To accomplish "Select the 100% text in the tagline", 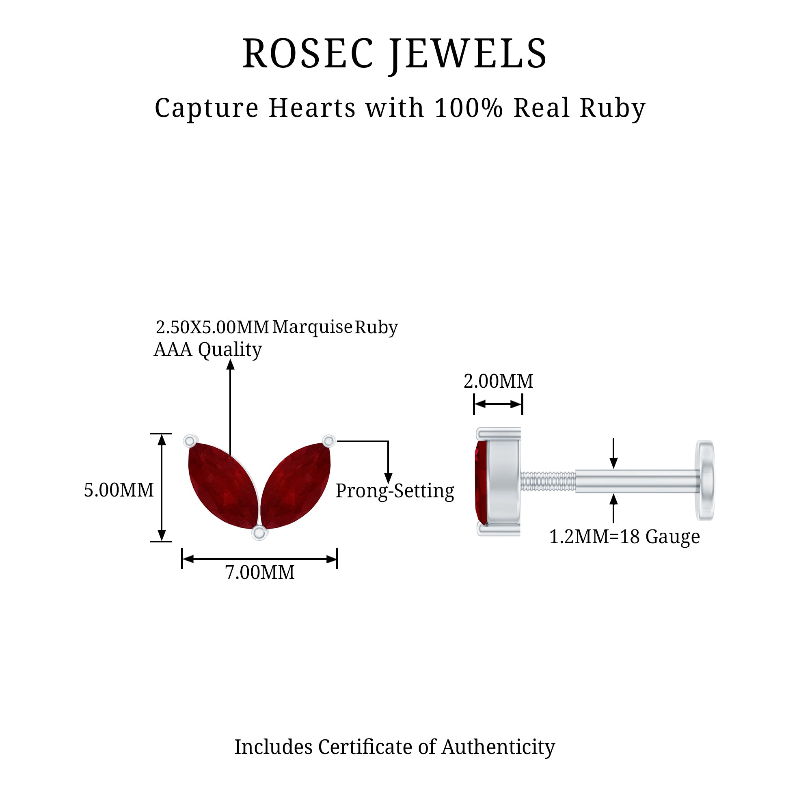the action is click(469, 108).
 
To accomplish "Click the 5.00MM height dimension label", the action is click(119, 490).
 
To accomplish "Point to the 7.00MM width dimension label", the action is click(260, 572).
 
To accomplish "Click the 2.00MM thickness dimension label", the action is click(499, 381).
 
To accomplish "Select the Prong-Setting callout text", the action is click(395, 491).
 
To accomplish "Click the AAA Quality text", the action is click(207, 350).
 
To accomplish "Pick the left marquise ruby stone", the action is click(223, 485).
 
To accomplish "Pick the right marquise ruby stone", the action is click(296, 485).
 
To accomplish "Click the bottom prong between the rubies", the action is click(259, 533).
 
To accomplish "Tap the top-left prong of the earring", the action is click(190, 441).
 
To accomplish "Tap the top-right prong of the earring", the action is click(329, 441).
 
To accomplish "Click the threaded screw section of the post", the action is click(548, 481).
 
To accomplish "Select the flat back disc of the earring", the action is click(705, 480).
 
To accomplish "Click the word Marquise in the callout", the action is click(312, 327).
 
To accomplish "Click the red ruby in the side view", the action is click(481, 481).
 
